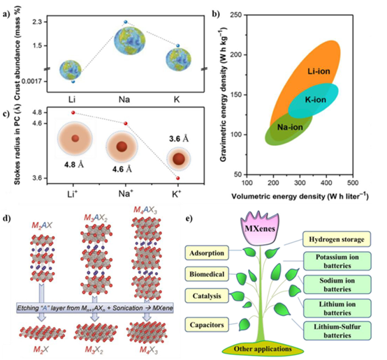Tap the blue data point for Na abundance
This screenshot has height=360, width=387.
point(126,22)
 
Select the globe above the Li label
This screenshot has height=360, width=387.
point(71,70)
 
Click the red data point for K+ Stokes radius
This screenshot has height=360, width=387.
point(178,178)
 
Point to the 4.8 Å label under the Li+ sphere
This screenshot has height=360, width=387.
point(74,164)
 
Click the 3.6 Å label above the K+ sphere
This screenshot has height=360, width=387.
point(179,139)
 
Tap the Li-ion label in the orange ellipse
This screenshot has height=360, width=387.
point(319,71)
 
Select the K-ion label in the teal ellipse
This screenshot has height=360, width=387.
point(316,100)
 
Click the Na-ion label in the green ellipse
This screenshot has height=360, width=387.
point(290,127)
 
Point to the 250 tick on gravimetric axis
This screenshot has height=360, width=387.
point(235,15)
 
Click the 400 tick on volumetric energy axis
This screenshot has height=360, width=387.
point(326,183)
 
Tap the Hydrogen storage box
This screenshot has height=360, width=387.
point(337,239)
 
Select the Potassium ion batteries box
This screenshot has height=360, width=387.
point(337,261)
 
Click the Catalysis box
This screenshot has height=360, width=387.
point(207,296)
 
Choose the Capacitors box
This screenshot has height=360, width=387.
point(207,324)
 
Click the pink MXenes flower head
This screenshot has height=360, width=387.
point(260,228)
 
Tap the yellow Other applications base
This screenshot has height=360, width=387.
point(263,349)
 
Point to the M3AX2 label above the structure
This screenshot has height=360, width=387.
point(96,218)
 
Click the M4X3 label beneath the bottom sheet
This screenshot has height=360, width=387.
point(149,350)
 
